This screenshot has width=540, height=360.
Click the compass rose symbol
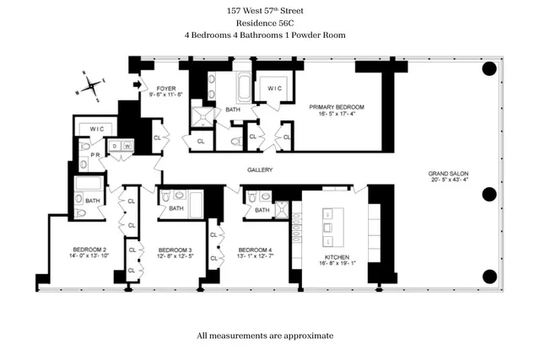(x=92, y=85)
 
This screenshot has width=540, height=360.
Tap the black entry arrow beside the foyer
(x=138, y=86)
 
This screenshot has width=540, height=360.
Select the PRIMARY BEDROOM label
(x=336, y=107)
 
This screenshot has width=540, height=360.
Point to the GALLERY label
(x=259, y=169)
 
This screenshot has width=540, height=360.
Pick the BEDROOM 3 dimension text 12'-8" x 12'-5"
(x=175, y=257)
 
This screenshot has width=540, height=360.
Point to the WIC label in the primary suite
(x=274, y=88)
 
